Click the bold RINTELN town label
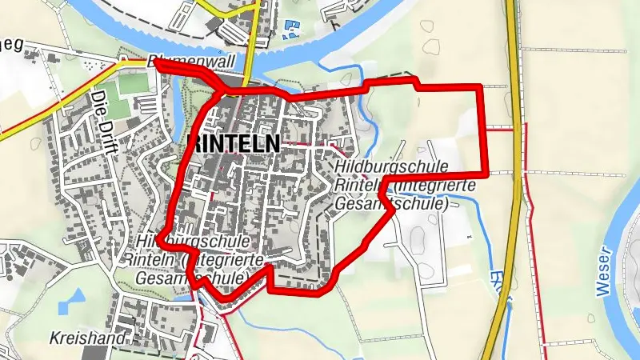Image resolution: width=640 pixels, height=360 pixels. click(x=233, y=144)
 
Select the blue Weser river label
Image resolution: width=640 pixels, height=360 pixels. click(x=604, y=272)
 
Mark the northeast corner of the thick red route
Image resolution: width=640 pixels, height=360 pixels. click(x=482, y=86)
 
